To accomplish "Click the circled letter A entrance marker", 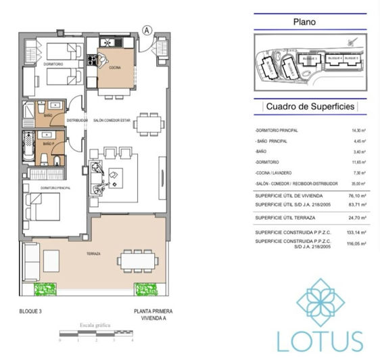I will [x=146, y=30].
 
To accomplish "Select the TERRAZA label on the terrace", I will [x=94, y=254].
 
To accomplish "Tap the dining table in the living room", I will [x=147, y=123].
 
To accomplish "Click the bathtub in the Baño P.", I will [x=28, y=145].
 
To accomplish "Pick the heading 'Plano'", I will [x=304, y=22].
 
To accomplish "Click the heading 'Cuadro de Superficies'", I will [x=310, y=106].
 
